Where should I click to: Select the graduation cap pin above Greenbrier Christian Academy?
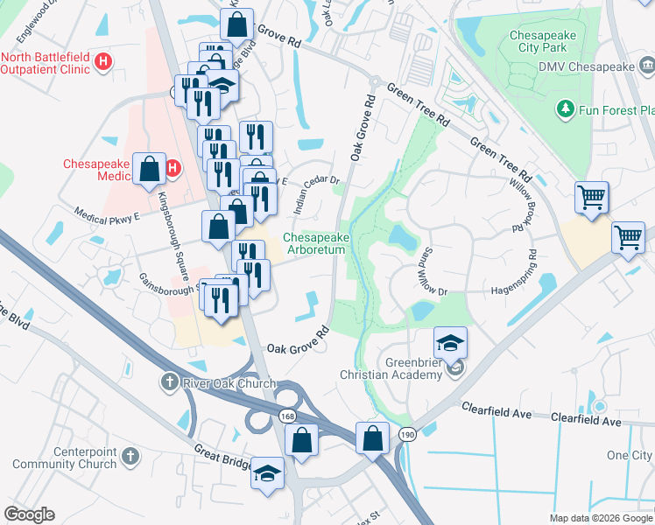(x=450, y=343)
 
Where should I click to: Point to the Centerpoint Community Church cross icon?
(x=130, y=456)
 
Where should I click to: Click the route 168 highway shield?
(x=287, y=416)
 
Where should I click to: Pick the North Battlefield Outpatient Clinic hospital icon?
(x=103, y=61)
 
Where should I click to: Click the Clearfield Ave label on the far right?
(x=588, y=422)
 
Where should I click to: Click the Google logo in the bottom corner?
(x=29, y=514)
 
